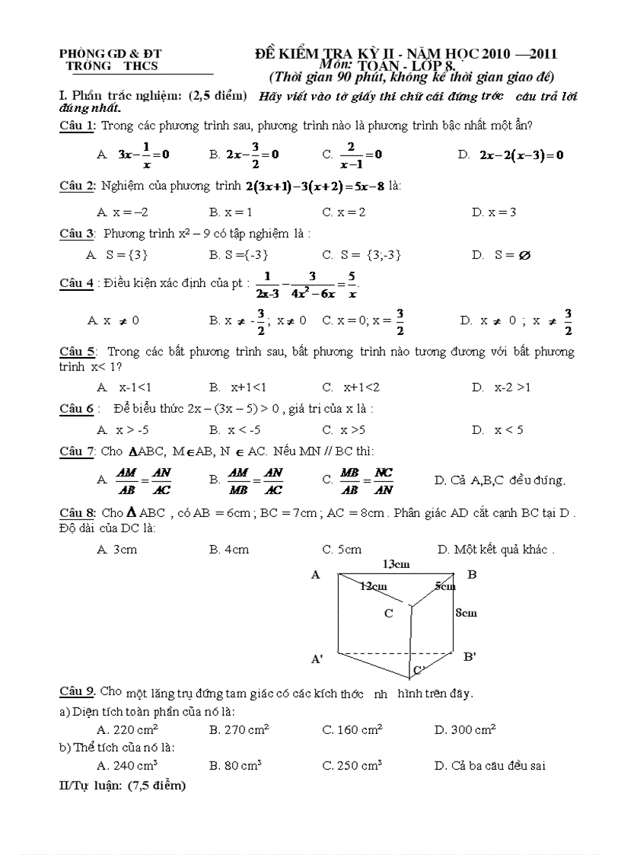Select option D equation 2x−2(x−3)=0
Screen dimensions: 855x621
click(x=521, y=155)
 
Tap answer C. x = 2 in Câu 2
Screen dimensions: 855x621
click(x=343, y=212)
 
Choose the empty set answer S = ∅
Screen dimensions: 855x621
click(x=502, y=255)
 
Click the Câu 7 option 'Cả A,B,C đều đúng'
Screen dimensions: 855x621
click(x=499, y=480)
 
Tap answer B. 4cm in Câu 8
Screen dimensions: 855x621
click(x=229, y=549)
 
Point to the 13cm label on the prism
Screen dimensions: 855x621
click(x=396, y=564)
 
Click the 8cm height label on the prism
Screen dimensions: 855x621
click(x=466, y=612)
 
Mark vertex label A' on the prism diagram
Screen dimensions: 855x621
click(x=317, y=659)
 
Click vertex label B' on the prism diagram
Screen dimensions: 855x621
click(x=470, y=656)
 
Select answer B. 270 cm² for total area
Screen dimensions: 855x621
click(x=239, y=730)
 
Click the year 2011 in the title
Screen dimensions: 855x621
click(x=542, y=53)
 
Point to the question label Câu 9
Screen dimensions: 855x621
click(x=77, y=691)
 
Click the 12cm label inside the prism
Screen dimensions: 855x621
click(x=373, y=586)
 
